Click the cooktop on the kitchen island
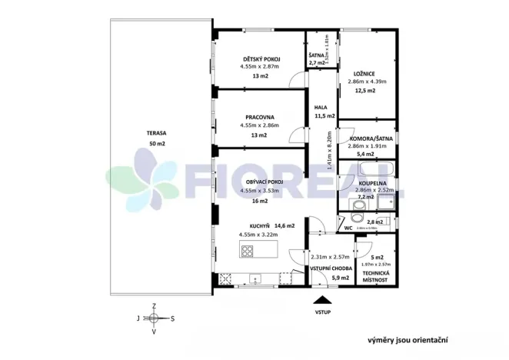pyautogui.click(x=248, y=250)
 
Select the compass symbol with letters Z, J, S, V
pyautogui.click(x=154, y=317)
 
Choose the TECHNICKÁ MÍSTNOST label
pyautogui.click(x=377, y=278)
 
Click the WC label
pyautogui.click(x=348, y=228)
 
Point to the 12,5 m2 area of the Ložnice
pyautogui.click(x=366, y=91)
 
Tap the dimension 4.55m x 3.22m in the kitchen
pyautogui.click(x=259, y=234)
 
